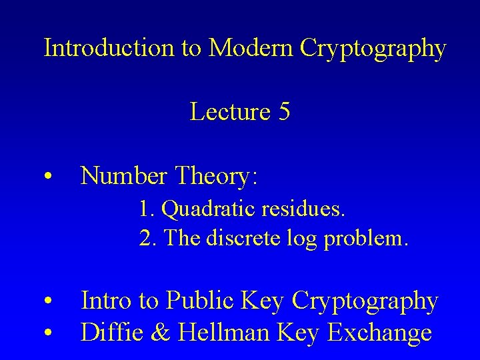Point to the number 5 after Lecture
(283, 112)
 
